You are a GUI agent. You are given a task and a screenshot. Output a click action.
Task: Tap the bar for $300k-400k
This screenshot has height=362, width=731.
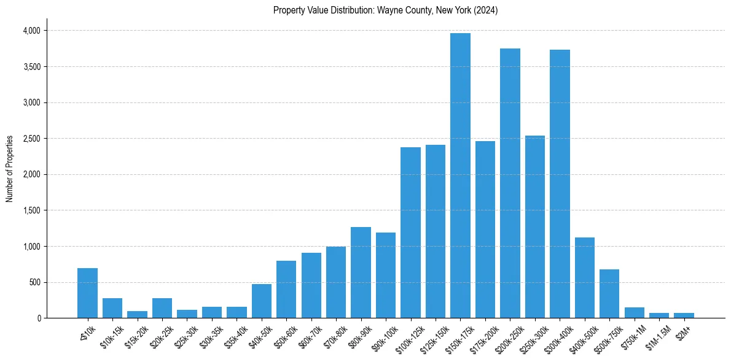pos(560,183)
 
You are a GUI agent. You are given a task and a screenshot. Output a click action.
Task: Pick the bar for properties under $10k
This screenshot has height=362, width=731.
pos(87,293)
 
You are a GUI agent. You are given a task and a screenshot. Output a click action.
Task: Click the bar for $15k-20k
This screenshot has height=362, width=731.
pos(137,314)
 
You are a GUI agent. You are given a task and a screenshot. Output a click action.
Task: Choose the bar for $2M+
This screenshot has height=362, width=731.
pos(684,315)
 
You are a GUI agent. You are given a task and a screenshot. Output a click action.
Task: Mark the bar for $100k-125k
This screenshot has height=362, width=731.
pos(410,233)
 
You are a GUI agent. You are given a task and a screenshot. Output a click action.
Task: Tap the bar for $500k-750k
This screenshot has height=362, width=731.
pos(609,293)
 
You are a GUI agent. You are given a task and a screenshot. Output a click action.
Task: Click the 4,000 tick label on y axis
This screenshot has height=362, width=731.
pos(31,31)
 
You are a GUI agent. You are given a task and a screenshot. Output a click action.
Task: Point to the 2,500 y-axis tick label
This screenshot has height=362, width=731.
pos(31,139)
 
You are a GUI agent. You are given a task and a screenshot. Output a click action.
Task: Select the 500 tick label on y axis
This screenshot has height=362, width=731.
pos(34,283)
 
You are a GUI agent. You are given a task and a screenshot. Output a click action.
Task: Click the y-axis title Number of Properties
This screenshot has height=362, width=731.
pos(9,169)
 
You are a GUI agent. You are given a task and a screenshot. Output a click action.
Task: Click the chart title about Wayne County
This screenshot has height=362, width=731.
pos(385,10)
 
